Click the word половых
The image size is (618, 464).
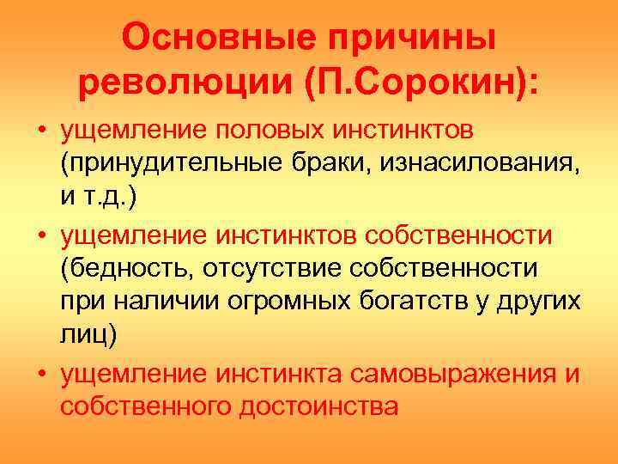click(x=269, y=131)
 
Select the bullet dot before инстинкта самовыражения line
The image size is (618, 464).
click(x=41, y=373)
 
